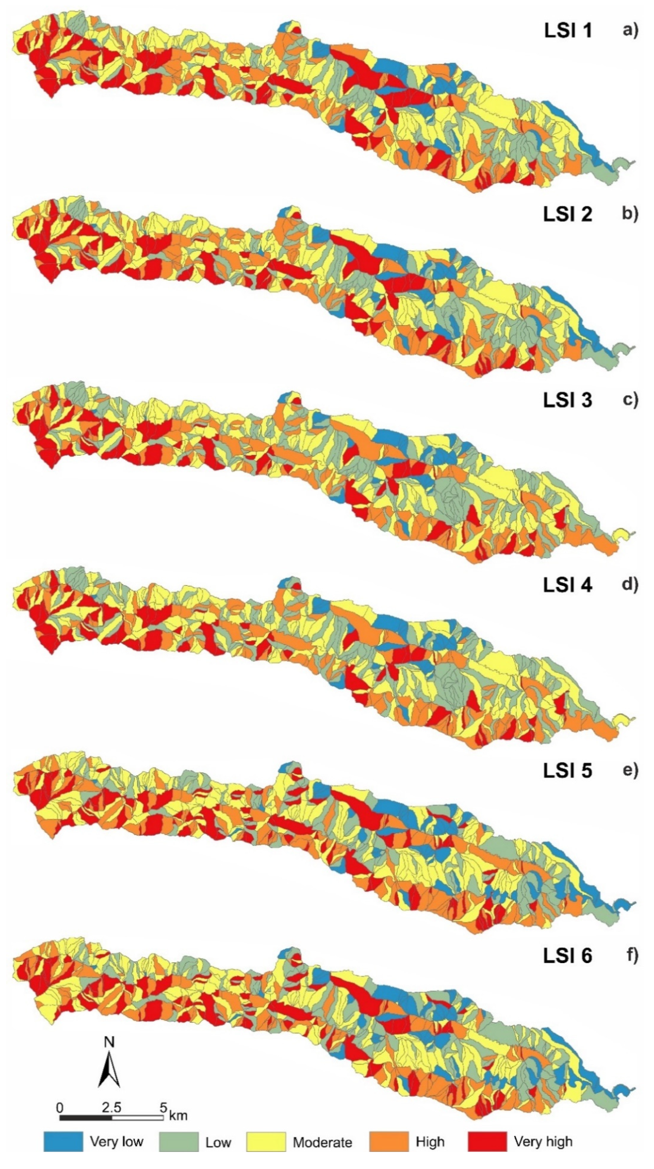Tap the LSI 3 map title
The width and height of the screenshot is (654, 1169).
click(x=567, y=400)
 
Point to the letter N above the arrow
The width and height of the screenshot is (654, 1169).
click(x=109, y=1041)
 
